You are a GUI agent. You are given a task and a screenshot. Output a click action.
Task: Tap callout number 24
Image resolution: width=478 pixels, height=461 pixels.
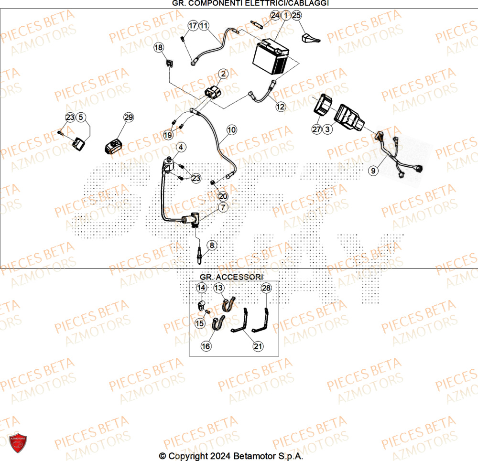[275, 15]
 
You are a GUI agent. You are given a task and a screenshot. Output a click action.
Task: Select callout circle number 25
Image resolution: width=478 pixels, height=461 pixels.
[296, 15]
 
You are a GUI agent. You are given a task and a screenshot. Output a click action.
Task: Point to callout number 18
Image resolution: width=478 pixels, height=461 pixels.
[159, 47]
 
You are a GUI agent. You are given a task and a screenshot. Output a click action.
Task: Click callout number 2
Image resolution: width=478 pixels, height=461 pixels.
[223, 74]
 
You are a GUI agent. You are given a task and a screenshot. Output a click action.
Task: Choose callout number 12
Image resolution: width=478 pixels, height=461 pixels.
[281, 107]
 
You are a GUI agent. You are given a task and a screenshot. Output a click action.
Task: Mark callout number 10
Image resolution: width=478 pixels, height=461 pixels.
[231, 129]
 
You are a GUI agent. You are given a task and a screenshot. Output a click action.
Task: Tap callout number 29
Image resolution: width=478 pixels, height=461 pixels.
[129, 117]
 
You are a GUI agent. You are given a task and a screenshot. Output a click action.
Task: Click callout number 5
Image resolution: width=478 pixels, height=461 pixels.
[81, 117]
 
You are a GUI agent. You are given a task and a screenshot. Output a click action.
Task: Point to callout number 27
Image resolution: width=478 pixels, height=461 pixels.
[316, 129]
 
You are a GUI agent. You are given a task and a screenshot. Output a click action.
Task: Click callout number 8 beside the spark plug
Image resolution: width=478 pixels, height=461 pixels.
[212, 245]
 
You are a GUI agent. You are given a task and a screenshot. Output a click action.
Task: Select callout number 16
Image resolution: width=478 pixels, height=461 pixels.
[206, 346]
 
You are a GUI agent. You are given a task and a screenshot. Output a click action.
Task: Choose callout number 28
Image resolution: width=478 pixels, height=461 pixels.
[266, 288]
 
